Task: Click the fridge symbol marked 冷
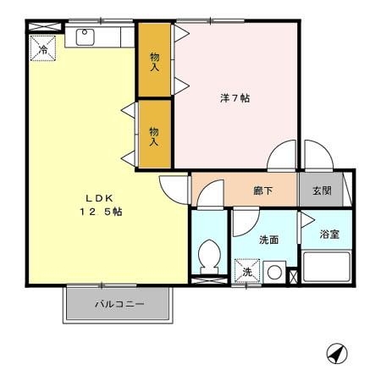tap(43, 48)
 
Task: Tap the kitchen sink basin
tap(85, 37)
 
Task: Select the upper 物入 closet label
tap(154, 62)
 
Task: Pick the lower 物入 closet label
tap(154, 136)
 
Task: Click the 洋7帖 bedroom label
tap(235, 98)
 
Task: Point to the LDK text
tap(99, 198)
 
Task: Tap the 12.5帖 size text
tap(101, 212)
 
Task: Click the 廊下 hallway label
tap(263, 191)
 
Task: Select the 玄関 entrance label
tap(322, 190)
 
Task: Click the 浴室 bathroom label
tap(329, 235)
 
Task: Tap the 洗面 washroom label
tap(269, 240)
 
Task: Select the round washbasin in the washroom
tap(274, 273)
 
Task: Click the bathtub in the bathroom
tap(327, 267)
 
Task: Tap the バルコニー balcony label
tap(119, 304)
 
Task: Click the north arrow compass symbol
tap(337, 353)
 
